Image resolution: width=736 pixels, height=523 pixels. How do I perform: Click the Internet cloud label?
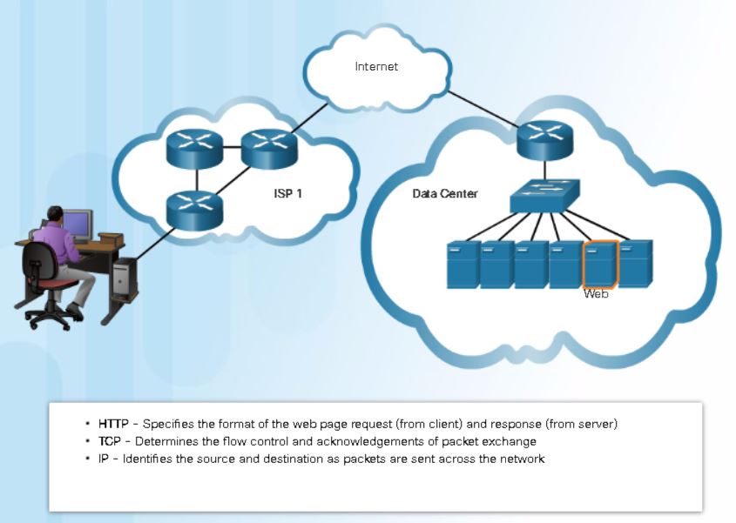pos(376,66)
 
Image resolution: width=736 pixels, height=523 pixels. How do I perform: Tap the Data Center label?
pos(444,193)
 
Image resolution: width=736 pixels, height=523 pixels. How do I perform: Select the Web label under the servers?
pos(595,294)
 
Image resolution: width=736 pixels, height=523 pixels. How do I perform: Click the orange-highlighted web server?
pos(600,265)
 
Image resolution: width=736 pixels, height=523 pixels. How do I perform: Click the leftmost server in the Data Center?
pos(462,265)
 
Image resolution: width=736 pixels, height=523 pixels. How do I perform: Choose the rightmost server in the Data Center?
pos(635,264)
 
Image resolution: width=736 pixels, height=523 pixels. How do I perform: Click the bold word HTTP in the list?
pos(113,424)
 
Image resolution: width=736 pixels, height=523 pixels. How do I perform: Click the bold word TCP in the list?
pos(110,441)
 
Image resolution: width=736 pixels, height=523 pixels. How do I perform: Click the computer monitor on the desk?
pos(77,225)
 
